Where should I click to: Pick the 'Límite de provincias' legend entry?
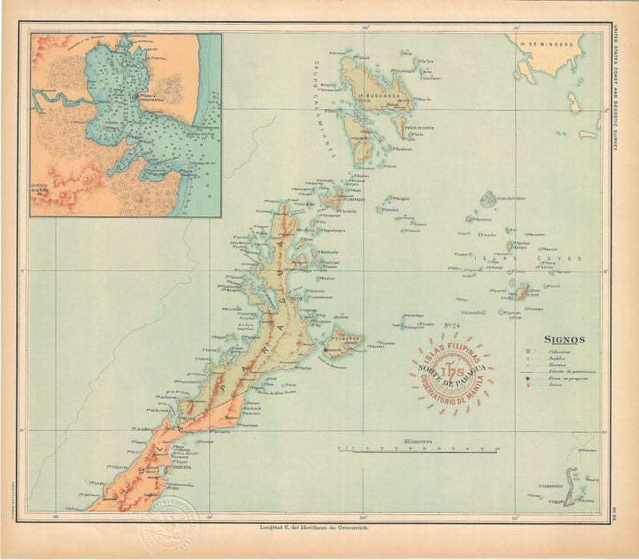pyautogui.click(x=566, y=373)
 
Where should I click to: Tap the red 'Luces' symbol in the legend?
pyautogui.click(x=528, y=387)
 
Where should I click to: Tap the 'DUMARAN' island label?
pyautogui.click(x=349, y=339)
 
